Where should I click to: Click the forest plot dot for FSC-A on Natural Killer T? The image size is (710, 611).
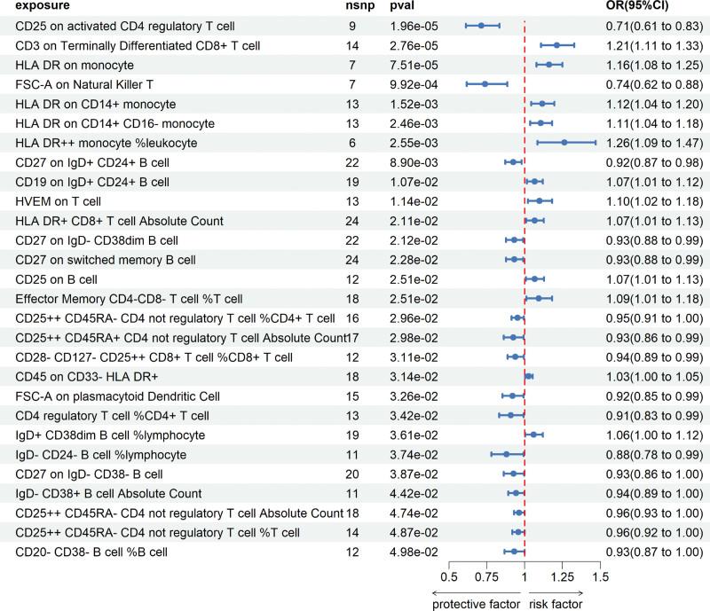pyautogui.click(x=485, y=84)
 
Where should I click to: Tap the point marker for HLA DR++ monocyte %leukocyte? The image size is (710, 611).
pyautogui.click(x=564, y=143)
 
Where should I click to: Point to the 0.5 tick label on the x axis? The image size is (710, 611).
pyautogui.click(x=449, y=577)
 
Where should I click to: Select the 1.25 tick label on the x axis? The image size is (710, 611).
pyautogui.click(x=562, y=577)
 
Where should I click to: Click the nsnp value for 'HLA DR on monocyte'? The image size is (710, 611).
pyautogui.click(x=351, y=65)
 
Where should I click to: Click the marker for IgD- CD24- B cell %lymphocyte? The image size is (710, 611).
pyautogui.click(x=507, y=455)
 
